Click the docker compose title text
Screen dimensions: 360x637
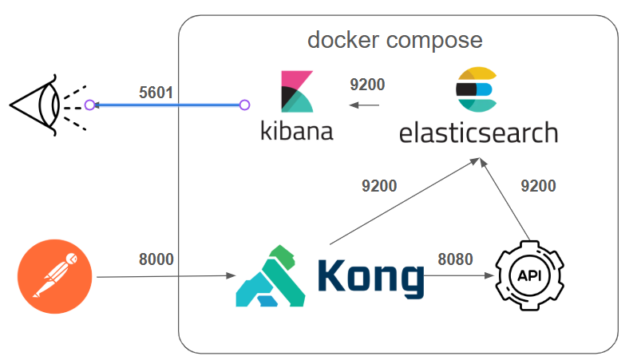pos(395,39)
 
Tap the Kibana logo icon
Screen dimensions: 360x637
pos(296,92)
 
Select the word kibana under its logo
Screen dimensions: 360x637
pos(296,130)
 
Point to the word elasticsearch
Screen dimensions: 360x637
pos(478,132)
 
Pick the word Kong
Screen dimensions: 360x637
pos(370,276)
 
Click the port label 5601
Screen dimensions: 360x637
pos(156,92)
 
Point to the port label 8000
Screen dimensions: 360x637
pos(156,259)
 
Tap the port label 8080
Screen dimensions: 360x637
pos(455,259)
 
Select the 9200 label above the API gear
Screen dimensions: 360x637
pos(538,186)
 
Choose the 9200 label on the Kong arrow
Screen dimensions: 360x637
pos(378,186)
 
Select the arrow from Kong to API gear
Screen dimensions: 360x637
pos(460,276)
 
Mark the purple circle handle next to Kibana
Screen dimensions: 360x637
pos(245,105)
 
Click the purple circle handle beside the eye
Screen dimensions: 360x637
pos(90,105)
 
